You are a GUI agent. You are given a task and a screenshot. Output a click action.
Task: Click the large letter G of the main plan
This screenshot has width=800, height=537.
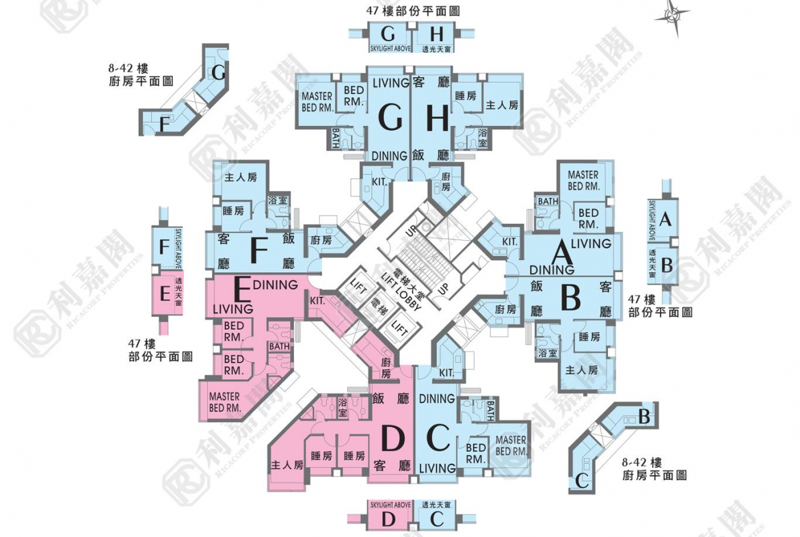coord(390,119)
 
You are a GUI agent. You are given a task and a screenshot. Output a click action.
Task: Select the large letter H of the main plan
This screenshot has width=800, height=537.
coord(437,119)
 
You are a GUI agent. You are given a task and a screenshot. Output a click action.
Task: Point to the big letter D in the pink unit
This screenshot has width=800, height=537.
coord(392,438)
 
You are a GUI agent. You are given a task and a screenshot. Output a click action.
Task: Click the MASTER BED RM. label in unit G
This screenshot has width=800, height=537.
coord(317,102)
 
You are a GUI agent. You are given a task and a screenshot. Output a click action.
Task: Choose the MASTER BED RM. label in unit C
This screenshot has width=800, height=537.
coord(510,446)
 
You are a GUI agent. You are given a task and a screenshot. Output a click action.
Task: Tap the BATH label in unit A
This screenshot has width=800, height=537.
coord(548,201)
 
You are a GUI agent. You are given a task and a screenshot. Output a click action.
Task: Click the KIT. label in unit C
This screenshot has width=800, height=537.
coord(446,372)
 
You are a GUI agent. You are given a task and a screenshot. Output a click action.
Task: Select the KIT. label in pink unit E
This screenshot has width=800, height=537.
coord(317,300)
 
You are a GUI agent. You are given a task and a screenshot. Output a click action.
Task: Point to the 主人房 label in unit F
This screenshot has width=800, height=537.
coord(240,177)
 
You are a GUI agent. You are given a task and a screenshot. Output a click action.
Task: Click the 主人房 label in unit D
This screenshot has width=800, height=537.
coord(286,466)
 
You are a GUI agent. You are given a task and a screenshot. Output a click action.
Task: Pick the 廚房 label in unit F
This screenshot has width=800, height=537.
coord(321,241)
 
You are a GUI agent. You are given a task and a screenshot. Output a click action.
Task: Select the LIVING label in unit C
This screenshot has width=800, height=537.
coord(437,468)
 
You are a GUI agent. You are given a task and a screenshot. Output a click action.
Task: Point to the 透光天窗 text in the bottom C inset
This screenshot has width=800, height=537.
coord(436,504)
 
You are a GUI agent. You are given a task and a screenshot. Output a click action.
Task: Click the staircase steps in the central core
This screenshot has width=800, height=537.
coord(413,261)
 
